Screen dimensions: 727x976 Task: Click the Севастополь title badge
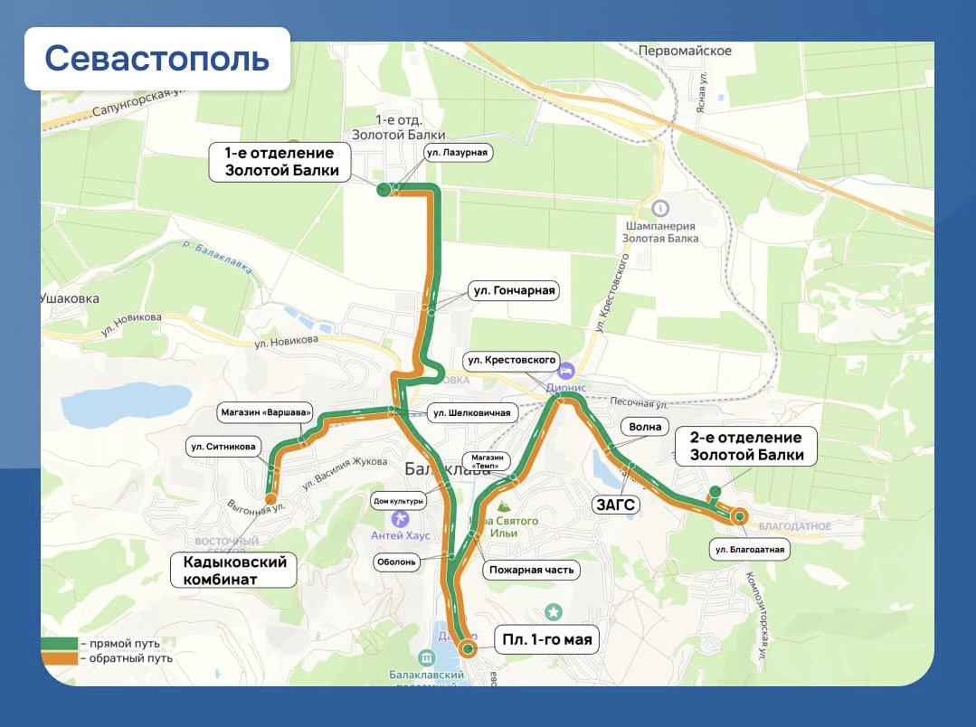pos(157,59)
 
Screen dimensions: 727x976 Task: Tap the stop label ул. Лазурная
pos(457,153)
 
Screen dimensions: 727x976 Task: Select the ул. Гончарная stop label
pos(513,291)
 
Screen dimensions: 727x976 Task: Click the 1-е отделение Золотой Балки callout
pos(281,162)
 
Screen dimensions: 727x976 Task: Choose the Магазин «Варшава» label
pos(266,413)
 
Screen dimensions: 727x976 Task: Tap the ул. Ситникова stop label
pos(223,446)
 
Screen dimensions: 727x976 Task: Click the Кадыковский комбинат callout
pos(234,571)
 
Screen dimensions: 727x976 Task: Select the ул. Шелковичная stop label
pos(471,413)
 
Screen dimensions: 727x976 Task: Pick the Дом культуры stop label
pos(399,500)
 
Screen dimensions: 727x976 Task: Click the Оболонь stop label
pos(398,562)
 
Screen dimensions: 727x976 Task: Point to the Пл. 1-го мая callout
pos(547,641)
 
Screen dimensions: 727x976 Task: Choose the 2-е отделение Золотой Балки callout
pos(746,447)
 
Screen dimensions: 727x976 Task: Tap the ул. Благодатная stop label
pos(749,549)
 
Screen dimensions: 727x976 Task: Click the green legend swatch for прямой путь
pos(59,644)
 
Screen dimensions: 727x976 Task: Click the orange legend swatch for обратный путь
pos(59,658)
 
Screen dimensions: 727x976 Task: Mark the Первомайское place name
pos(685,51)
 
